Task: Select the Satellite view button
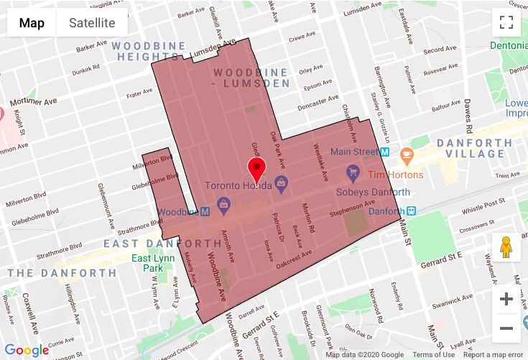[x=92, y=22]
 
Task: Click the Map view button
[x=32, y=22]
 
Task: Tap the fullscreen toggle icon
[x=506, y=22]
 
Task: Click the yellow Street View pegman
[x=506, y=246]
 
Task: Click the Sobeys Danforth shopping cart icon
[x=353, y=172]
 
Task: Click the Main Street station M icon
[x=385, y=152]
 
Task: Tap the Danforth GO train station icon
[x=412, y=211]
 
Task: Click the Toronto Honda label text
[x=238, y=185]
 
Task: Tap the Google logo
[x=27, y=351]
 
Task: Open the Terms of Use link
[x=433, y=355]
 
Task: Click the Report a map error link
[x=493, y=355]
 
